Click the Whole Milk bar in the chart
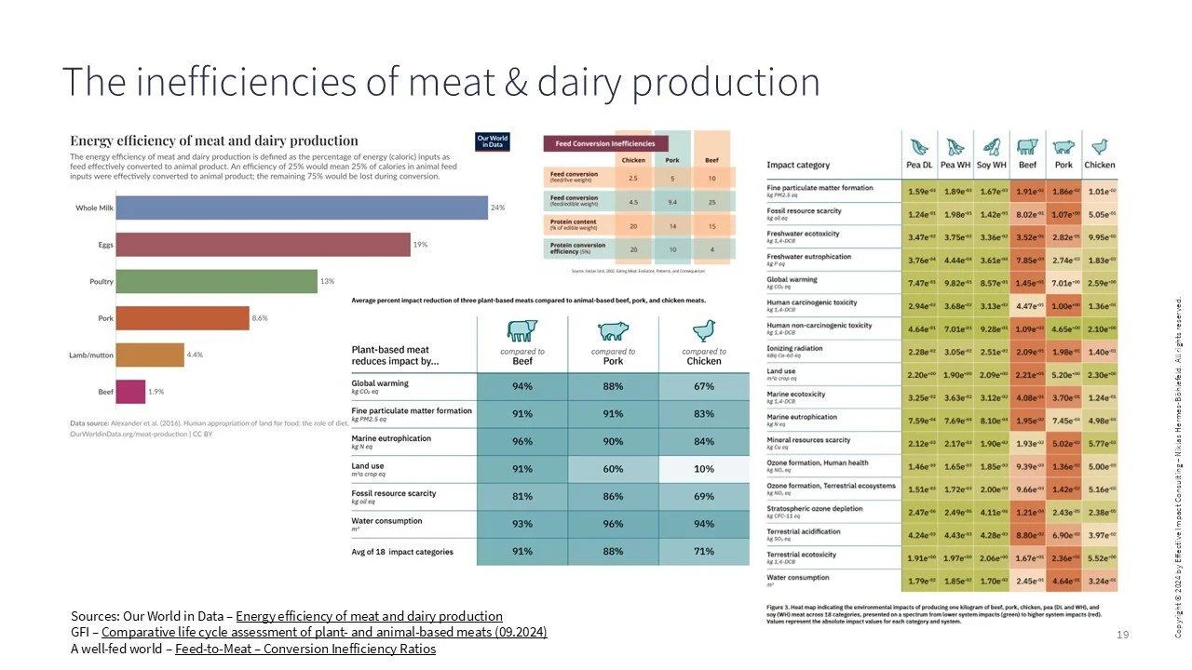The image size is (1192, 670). tap(302, 208)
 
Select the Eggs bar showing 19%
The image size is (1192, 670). tap(263, 244)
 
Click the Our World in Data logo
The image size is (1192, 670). tap(492, 142)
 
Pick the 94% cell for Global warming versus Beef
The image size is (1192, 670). tap(521, 384)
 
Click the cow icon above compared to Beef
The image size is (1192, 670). tap(521, 330)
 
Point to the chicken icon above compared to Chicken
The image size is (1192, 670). tap(703, 330)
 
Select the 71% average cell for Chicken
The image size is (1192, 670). tap(703, 551)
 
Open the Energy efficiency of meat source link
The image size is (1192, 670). tap(370, 616)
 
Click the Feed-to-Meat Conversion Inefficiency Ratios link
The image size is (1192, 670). tap(305, 649)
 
